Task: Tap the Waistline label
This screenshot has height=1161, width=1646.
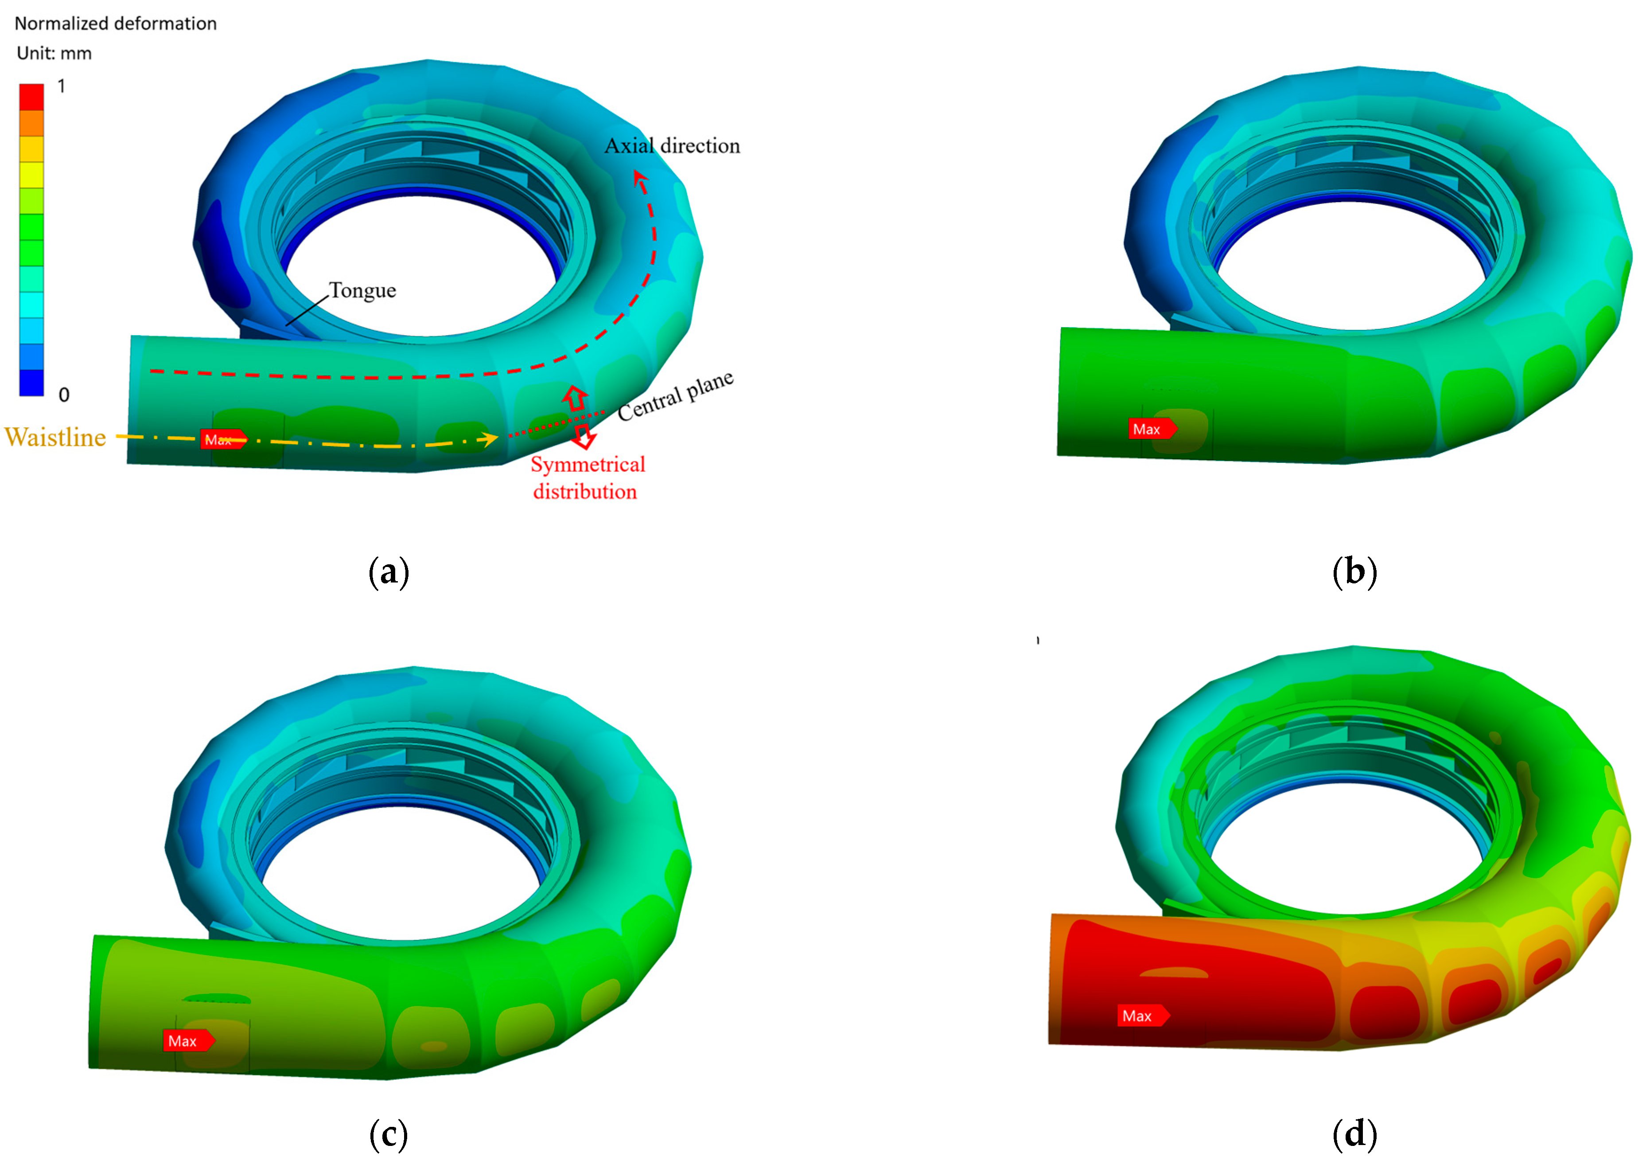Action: [x=55, y=437]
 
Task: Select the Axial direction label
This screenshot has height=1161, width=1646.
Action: [x=672, y=145]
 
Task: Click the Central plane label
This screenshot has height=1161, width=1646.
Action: [x=675, y=396]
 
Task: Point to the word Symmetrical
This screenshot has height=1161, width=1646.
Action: [x=588, y=465]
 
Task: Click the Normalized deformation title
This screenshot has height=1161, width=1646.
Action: [x=116, y=23]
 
